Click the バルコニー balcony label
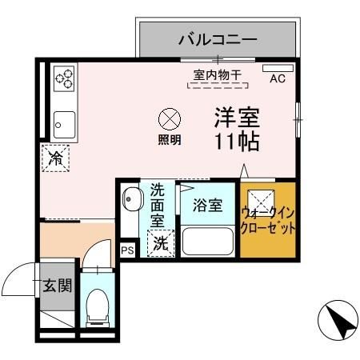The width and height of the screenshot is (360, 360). point(217,38)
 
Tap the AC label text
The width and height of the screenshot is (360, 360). point(278,78)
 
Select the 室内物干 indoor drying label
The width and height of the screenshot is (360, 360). point(218,75)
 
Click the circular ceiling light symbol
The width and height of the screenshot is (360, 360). point(169,120)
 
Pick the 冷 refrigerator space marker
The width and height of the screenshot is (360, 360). point(57,158)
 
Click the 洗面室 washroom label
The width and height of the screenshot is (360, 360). point(158,205)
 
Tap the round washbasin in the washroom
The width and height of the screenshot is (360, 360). point(131,198)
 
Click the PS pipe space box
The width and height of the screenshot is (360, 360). point(127,250)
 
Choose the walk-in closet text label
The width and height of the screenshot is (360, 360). point(269,219)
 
